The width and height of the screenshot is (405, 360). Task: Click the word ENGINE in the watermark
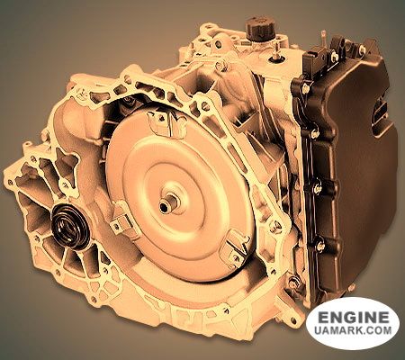[353, 317]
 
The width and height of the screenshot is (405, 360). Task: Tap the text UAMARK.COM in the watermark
[353, 330]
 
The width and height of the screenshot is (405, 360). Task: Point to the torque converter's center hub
[168, 203]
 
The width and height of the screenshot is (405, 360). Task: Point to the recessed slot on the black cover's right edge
[381, 114]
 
